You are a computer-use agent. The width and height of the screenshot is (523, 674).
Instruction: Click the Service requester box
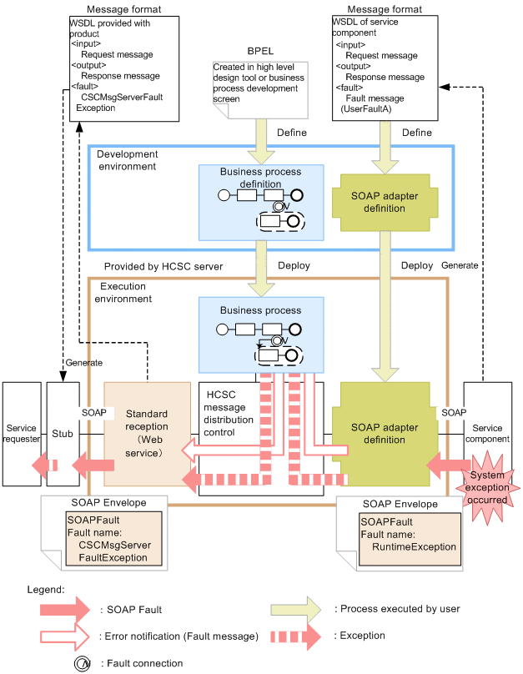(21, 434)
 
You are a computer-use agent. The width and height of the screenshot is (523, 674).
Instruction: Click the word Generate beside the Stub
(83, 363)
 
